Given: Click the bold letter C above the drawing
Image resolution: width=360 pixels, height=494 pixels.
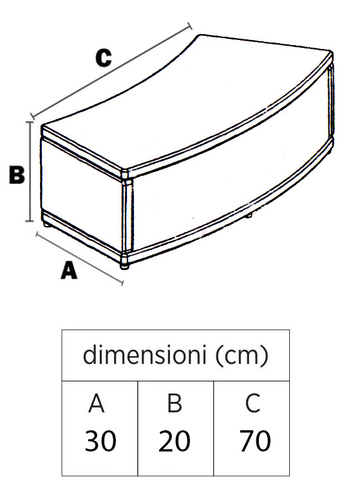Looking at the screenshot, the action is pyautogui.click(x=104, y=58).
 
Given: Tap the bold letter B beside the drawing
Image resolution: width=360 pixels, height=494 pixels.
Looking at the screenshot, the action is pyautogui.click(x=17, y=175).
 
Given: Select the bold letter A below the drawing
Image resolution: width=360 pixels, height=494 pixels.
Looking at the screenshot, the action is pyautogui.click(x=69, y=271).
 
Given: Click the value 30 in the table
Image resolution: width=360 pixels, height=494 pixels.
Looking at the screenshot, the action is pyautogui.click(x=100, y=441).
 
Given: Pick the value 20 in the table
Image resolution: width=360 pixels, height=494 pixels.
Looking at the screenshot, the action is pyautogui.click(x=174, y=441).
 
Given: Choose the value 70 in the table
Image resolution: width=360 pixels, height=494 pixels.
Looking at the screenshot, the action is pyautogui.click(x=255, y=441).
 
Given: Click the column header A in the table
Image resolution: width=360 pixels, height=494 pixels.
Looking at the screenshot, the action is pyautogui.click(x=97, y=403).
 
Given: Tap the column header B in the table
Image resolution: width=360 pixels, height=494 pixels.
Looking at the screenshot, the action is pyautogui.click(x=175, y=403).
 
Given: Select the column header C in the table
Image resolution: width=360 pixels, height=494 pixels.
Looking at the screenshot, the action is pyautogui.click(x=252, y=403).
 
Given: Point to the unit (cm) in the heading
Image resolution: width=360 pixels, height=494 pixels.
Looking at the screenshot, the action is pyautogui.click(x=243, y=355).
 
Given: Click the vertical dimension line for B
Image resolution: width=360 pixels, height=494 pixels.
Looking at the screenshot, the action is pyautogui.click(x=30, y=171).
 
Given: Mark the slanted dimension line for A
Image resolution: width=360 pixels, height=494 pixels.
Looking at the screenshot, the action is pyautogui.click(x=80, y=258).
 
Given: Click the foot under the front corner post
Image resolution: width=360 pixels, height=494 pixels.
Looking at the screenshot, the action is pyautogui.click(x=125, y=266).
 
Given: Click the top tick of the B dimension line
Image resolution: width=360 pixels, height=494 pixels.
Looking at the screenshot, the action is pyautogui.click(x=30, y=122).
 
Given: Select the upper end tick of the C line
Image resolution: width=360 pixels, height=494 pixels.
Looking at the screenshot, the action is pyautogui.click(x=189, y=26).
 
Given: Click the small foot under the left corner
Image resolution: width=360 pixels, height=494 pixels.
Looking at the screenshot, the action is pyautogui.click(x=46, y=224).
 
